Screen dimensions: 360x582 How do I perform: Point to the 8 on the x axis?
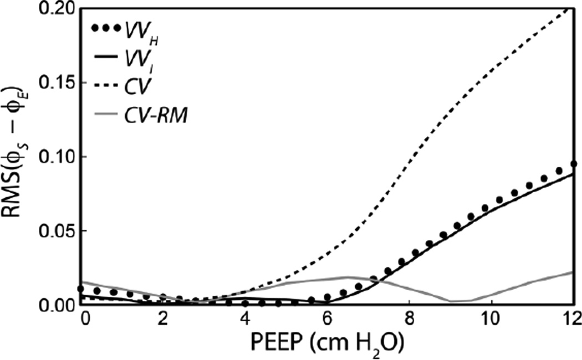pyautogui.click(x=409, y=321)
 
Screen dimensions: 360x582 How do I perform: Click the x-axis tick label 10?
pyautogui.click(x=491, y=321)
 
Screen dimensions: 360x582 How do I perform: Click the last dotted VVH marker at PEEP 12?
pyautogui.click(x=573, y=164)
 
